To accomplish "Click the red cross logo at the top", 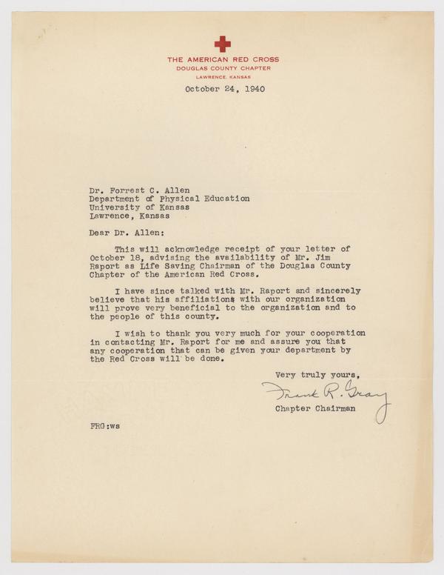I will (x=222, y=44).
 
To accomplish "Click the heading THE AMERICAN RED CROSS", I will (x=222, y=59).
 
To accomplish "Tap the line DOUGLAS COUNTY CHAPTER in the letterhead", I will (x=222, y=67).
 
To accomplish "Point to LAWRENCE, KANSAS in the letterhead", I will (x=222, y=76).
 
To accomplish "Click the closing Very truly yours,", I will (x=319, y=373).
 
